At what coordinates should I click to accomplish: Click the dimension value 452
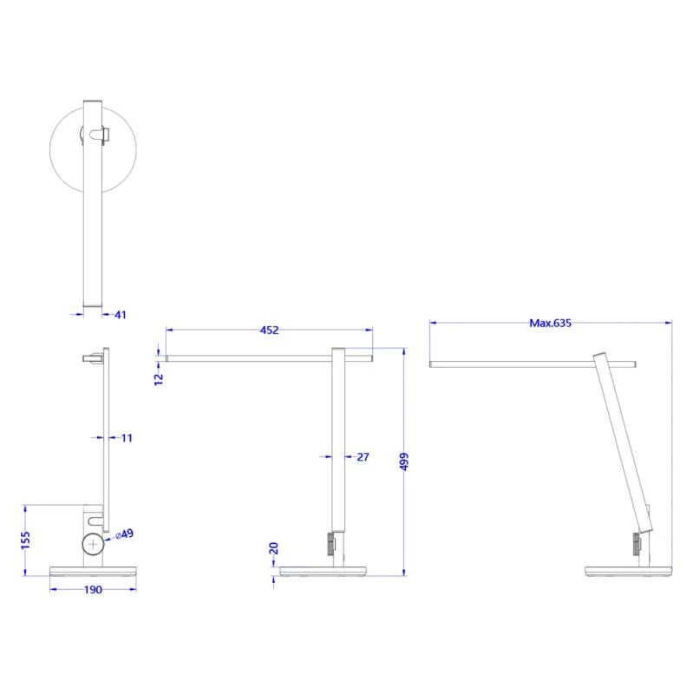click(269, 330)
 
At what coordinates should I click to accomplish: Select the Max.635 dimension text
click(551, 323)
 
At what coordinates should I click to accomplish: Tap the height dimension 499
click(404, 462)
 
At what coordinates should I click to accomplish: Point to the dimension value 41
click(120, 315)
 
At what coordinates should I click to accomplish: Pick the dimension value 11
click(127, 438)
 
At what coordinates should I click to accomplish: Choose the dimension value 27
click(363, 456)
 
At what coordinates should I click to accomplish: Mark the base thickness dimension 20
click(274, 548)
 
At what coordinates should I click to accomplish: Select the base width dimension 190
click(93, 590)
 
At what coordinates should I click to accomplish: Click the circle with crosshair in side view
click(93, 544)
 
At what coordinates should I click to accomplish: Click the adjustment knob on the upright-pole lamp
click(330, 544)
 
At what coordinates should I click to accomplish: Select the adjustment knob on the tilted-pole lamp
click(635, 544)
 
